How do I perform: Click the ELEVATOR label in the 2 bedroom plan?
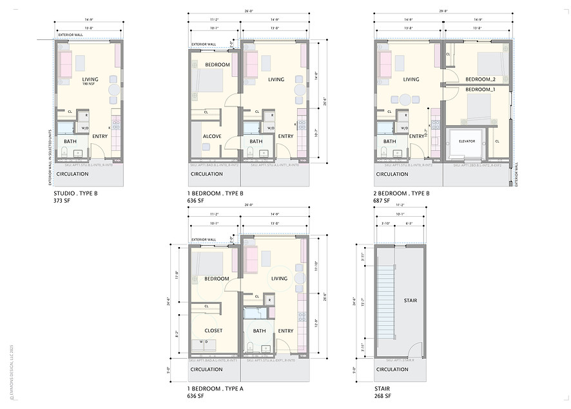point(467,141)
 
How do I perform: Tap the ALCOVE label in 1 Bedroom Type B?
point(213,136)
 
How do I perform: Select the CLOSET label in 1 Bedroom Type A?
point(213,330)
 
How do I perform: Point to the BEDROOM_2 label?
point(480,79)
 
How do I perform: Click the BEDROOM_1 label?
point(480,89)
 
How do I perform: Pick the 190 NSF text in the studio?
point(90,85)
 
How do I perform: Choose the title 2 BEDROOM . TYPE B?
point(402,193)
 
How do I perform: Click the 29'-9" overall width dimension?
point(443,12)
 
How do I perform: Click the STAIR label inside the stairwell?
point(410,301)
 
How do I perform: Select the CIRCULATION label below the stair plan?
point(392,370)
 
